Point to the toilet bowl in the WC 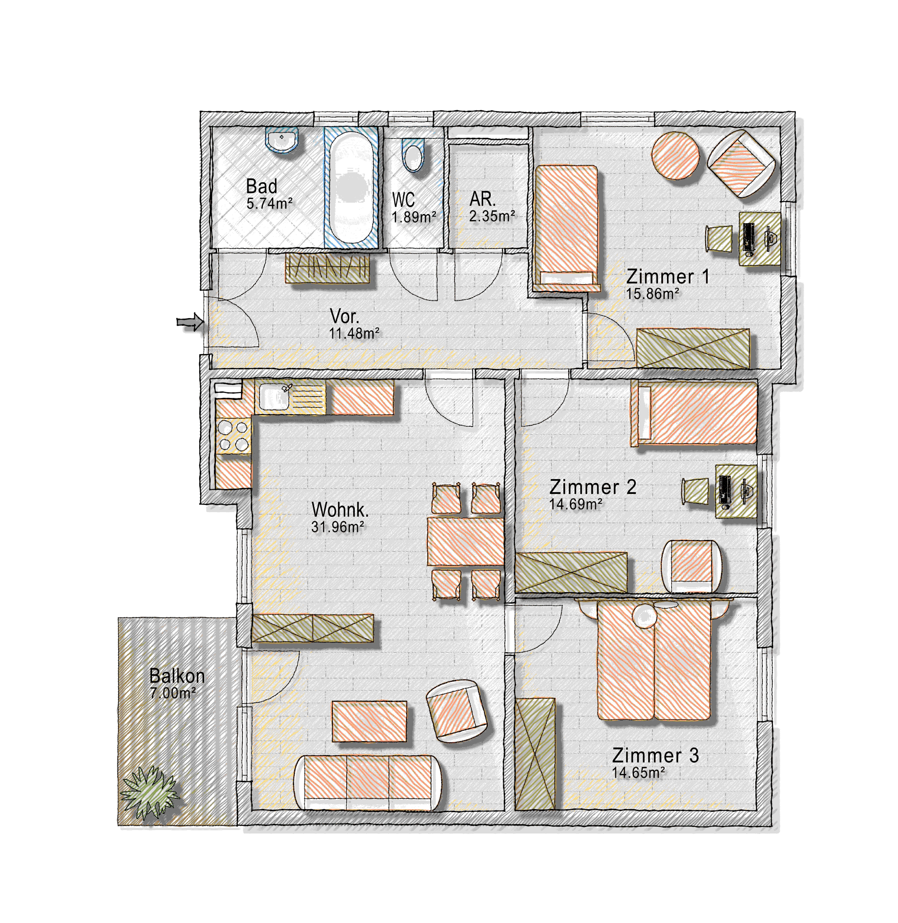pos(413,155)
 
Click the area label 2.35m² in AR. pos(492,216)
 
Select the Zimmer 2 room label pos(593,487)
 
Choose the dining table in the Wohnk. pos(466,541)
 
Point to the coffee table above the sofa pos(369,721)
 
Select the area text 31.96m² pos(338,527)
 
